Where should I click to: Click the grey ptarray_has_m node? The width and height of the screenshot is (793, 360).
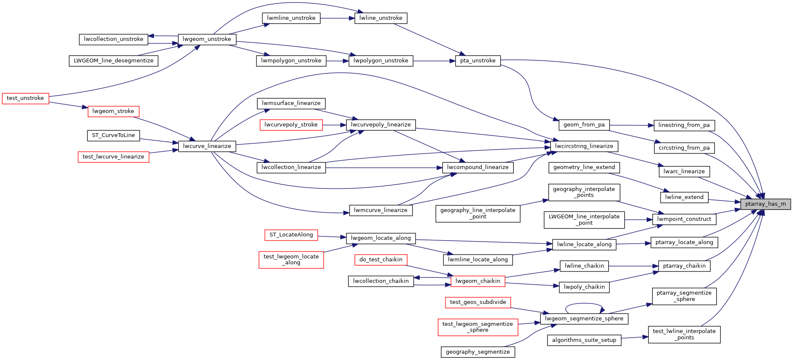pos(766,204)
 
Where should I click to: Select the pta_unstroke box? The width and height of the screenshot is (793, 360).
pos(477,61)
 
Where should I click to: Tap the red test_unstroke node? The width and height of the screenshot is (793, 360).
pos(25,98)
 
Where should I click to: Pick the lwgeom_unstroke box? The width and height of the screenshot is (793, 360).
pos(207,39)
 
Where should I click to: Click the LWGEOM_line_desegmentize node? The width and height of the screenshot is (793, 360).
pos(113,61)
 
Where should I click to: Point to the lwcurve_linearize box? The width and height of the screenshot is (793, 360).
pos(207,146)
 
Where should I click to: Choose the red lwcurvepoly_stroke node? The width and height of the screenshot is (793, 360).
pos(291,125)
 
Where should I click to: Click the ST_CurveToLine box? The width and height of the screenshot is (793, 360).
pos(113,135)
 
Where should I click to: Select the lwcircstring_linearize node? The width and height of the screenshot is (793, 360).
pos(584,146)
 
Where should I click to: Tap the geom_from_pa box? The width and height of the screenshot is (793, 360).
pos(584,125)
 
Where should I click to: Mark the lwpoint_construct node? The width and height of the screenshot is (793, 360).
pos(684,219)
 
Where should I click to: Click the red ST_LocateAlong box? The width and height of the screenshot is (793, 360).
pos(291,235)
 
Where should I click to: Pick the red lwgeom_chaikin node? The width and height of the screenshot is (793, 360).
pos(477,281)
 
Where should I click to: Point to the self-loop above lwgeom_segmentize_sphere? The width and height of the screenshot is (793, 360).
pos(584,304)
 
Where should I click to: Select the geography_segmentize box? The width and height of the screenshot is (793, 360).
pos(477,352)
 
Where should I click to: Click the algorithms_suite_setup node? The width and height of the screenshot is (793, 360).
pos(584,340)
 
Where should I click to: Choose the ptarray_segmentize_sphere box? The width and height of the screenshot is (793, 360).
pos(684,296)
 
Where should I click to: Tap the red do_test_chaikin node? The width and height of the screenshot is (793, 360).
pos(380,260)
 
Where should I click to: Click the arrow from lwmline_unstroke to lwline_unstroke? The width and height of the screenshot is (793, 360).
pos(337,18)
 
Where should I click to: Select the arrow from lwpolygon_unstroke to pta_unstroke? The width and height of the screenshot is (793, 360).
pos(434,61)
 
